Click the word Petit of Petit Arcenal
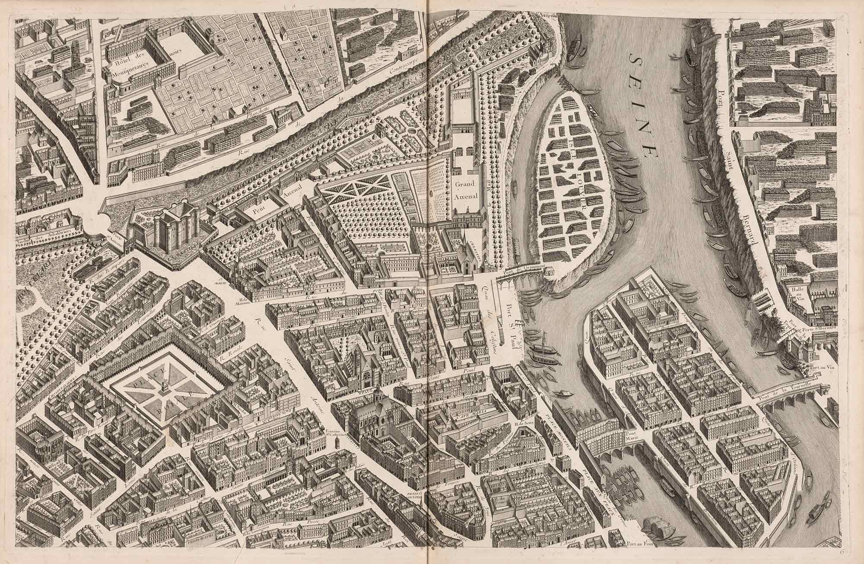coord(258,210)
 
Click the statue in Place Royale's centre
coord(165,386)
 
